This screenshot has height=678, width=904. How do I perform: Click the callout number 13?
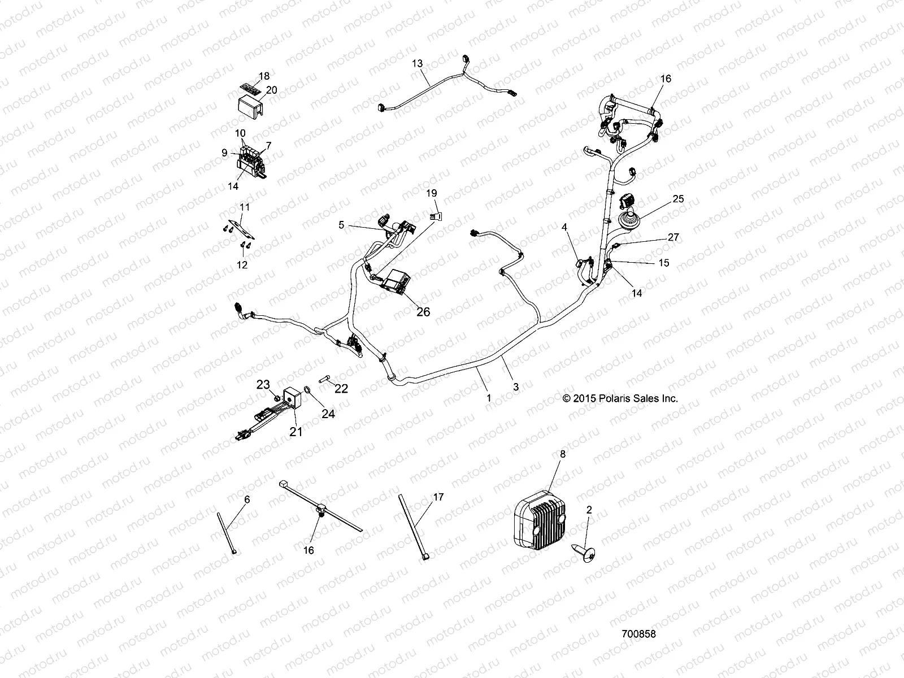(x=417, y=63)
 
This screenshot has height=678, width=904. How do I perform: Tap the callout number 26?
(x=423, y=312)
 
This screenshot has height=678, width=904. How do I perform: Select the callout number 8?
(x=563, y=454)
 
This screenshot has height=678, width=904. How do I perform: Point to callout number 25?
(x=678, y=199)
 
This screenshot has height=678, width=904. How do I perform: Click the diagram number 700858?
(x=639, y=634)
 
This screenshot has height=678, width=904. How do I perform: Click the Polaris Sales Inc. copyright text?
(x=620, y=398)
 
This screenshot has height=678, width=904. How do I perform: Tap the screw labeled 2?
(x=584, y=553)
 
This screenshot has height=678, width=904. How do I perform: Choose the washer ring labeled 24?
(x=307, y=389)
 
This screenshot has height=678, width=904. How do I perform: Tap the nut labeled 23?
(x=277, y=398)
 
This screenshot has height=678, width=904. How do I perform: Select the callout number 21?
(x=295, y=432)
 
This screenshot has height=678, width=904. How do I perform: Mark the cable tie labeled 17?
(x=413, y=527)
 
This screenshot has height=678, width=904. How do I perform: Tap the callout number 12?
(x=242, y=265)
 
